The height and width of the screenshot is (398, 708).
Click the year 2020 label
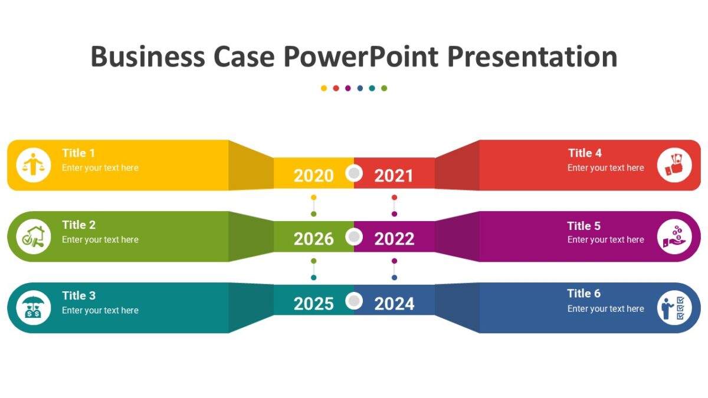pyautogui.click(x=313, y=176)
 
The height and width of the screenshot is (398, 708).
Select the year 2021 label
pyautogui.click(x=394, y=176)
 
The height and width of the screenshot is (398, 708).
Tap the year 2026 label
pyautogui.click(x=313, y=239)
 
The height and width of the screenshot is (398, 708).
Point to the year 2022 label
pyautogui.click(x=394, y=239)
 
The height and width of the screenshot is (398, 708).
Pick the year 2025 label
pyautogui.click(x=313, y=304)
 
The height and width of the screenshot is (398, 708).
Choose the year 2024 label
pyautogui.click(x=394, y=304)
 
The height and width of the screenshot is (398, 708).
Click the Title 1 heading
pyautogui.click(x=78, y=153)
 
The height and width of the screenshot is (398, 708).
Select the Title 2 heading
pyautogui.click(x=78, y=225)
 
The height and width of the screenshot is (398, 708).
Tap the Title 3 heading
pyautogui.click(x=78, y=295)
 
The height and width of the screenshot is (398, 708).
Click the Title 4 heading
pyautogui.click(x=585, y=153)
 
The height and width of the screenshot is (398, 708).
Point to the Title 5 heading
pyautogui.click(x=584, y=226)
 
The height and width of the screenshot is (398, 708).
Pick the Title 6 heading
pyautogui.click(x=584, y=294)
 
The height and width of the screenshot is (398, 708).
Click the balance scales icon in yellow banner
pyautogui.click(x=34, y=165)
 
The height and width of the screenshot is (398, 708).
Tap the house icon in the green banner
pyautogui.click(x=34, y=236)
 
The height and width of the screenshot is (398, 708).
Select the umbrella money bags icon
pyautogui.click(x=34, y=308)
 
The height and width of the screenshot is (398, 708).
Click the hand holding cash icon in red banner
pyautogui.click(x=674, y=165)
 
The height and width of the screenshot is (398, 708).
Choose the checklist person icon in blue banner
pyautogui.click(x=674, y=308)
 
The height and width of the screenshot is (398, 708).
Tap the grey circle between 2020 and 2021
pyautogui.click(x=354, y=173)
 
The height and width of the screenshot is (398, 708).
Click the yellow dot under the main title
pyautogui.click(x=324, y=88)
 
